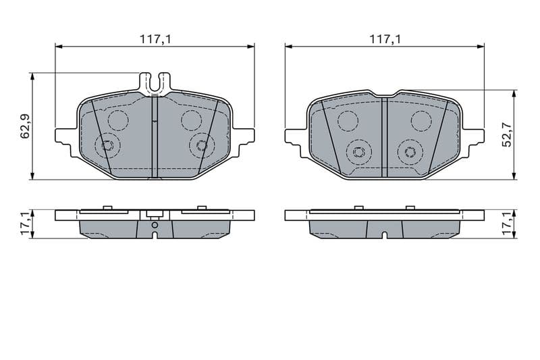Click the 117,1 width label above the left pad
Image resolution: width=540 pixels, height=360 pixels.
[155, 39]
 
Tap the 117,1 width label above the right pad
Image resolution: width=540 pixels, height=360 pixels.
[385, 39]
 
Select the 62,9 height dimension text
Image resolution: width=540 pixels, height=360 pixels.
[26, 126]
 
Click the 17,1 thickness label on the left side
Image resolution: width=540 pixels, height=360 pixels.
[26, 224]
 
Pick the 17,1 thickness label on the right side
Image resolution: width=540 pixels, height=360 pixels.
[508, 224]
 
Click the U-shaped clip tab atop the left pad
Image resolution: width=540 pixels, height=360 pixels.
[155, 83]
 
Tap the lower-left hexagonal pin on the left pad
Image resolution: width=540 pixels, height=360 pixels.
[107, 145]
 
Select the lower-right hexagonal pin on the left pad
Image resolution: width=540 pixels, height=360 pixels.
[201, 145]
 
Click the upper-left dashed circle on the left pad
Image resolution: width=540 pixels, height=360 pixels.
[118, 120]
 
